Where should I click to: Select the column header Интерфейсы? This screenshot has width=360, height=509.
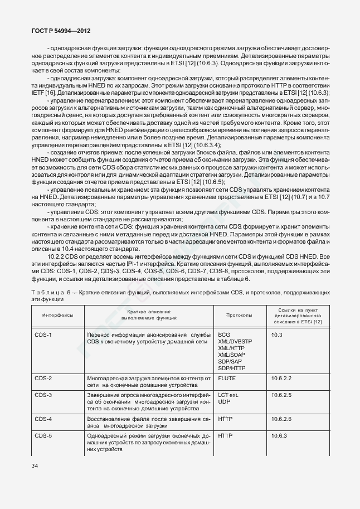(x=58, y=315)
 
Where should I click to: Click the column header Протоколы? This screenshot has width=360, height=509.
(x=239, y=315)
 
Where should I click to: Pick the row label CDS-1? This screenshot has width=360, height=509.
(x=43, y=335)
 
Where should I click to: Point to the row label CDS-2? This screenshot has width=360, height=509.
(x=43, y=379)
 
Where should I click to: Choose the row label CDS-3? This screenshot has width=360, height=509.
(x=43, y=395)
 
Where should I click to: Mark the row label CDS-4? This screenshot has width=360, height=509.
(x=43, y=419)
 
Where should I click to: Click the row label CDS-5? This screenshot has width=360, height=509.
(x=43, y=435)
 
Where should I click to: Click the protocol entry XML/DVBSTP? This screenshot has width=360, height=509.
(x=235, y=341)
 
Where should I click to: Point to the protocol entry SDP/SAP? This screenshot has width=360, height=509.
(x=230, y=361)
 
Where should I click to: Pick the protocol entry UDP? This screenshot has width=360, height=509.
(x=224, y=402)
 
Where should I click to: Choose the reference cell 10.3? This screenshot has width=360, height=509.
(x=277, y=335)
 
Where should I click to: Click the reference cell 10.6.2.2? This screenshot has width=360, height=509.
(x=281, y=379)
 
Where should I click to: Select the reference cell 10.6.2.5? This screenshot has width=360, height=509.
(x=281, y=395)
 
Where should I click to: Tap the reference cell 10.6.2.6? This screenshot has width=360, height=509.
(x=281, y=419)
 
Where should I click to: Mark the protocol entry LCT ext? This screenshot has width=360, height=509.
(x=228, y=395)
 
